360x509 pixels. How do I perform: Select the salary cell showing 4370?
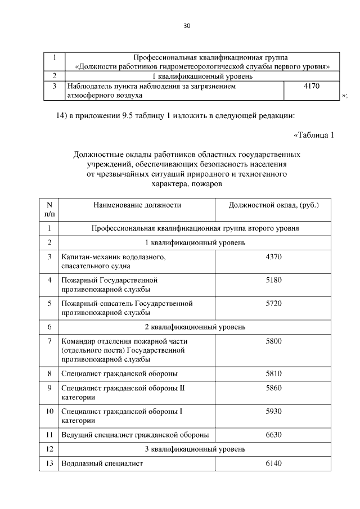point(273,256)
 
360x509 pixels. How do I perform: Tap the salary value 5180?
point(273,280)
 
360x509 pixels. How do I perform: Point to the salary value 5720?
point(273,303)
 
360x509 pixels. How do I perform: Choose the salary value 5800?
point(273,341)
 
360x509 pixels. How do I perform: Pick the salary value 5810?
point(273,373)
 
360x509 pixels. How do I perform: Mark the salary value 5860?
point(273,388)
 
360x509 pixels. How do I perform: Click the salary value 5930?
point(273,411)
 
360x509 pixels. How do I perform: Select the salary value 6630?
point(273,434)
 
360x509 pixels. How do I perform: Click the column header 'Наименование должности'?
point(137,205)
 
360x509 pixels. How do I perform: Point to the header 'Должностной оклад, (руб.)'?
point(273,205)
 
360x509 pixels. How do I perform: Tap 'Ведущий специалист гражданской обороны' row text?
point(134,434)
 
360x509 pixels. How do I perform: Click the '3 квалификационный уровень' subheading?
point(195,449)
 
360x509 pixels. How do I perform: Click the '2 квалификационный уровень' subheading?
point(195,326)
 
